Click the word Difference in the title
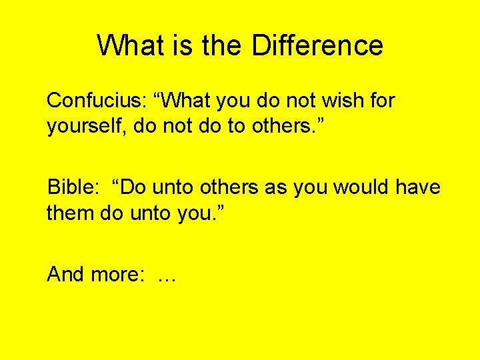[317, 45]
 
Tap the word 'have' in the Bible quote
[418, 187]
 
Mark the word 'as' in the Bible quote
[275, 187]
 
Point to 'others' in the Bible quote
[229, 187]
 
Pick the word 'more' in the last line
[121, 274]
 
